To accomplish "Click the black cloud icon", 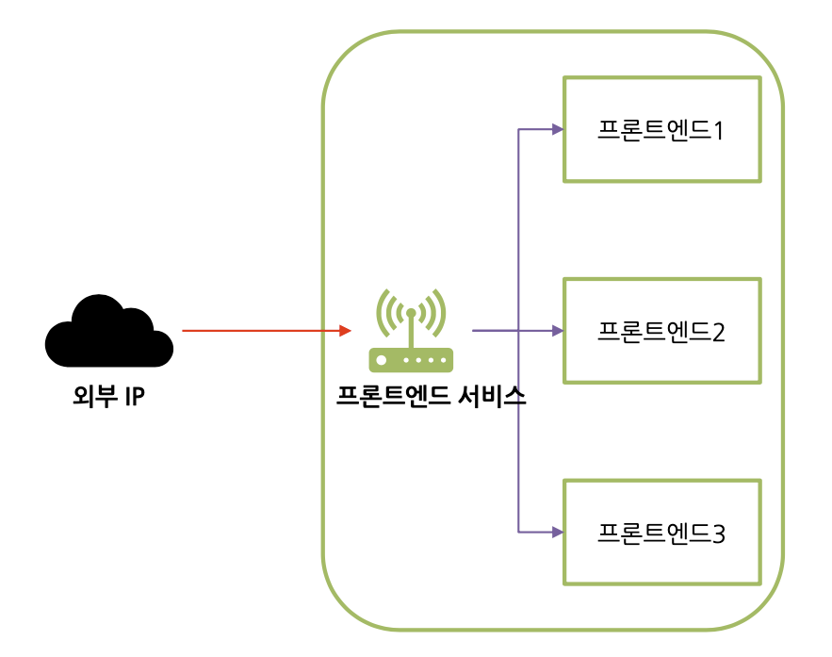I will click(109, 331).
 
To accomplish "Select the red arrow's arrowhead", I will click(346, 331).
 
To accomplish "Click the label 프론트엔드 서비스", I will click(431, 397).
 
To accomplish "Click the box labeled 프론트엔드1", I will click(661, 129).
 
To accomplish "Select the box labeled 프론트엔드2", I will click(661, 331).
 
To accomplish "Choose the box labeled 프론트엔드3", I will click(661, 533).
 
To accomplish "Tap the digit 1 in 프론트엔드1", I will click(718, 130).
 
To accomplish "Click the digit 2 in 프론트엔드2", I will click(718, 332).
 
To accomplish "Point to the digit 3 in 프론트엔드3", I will click(718, 534).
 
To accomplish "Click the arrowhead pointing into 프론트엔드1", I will click(557, 129).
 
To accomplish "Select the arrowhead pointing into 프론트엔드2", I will click(557, 331).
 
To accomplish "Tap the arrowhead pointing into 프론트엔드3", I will click(557, 533).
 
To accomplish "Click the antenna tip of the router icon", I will click(411, 312).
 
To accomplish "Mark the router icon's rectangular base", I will click(411, 360).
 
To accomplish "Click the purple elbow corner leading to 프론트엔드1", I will click(519, 129).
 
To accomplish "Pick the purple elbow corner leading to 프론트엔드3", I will click(519, 533).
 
